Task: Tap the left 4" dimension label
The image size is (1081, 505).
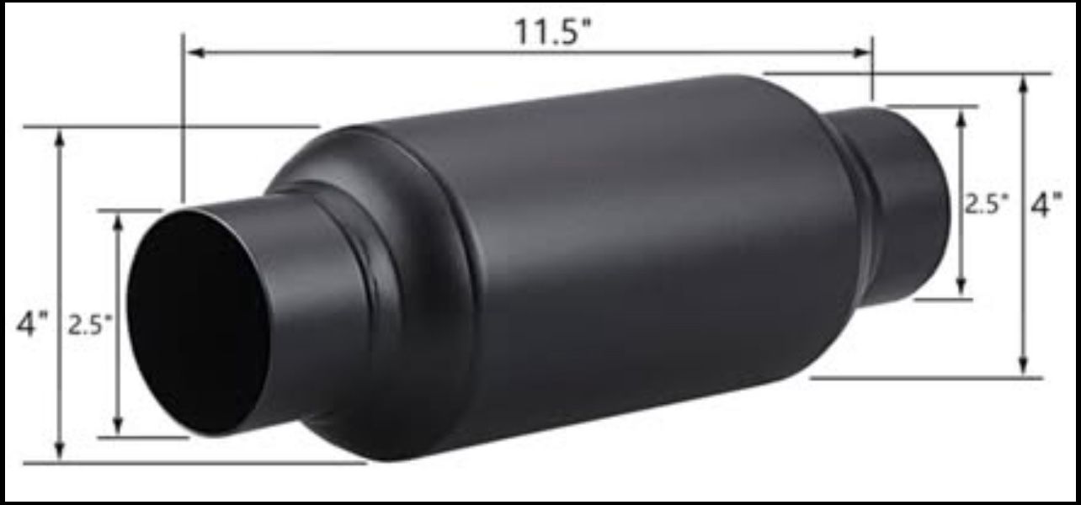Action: pos(33,324)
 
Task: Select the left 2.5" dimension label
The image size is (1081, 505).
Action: pos(90,325)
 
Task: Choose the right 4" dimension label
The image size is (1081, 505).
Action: pos(1046,205)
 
